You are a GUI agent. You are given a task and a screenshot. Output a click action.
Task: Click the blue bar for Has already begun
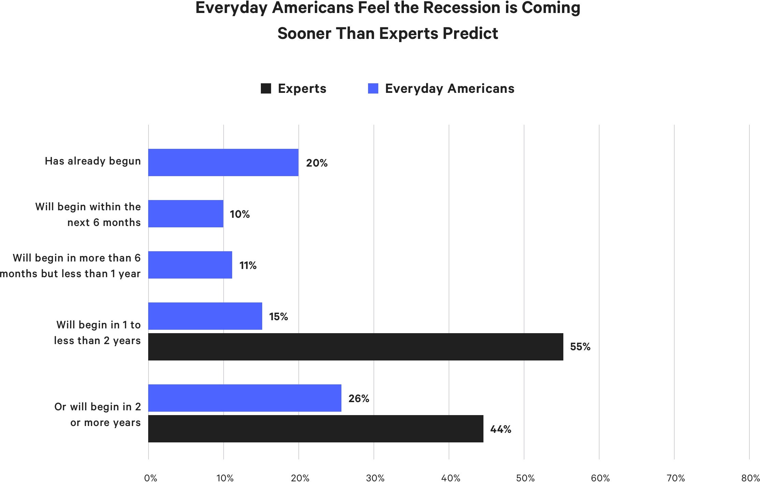point(223,162)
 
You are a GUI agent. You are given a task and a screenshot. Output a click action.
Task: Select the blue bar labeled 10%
point(186,214)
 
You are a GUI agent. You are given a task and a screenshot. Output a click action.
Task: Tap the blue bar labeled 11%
point(190,265)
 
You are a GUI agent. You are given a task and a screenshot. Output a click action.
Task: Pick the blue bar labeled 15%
point(205,316)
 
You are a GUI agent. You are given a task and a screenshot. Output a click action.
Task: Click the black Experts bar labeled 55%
point(355,347)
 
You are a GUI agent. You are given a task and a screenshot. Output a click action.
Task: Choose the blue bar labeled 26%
point(245,398)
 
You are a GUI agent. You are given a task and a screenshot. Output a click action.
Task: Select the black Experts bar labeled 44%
point(316,429)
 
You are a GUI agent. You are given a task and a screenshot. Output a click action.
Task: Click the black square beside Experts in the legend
point(266,88)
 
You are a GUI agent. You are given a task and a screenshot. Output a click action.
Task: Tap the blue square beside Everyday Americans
point(373,88)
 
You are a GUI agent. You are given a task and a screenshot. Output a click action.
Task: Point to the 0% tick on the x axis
point(151,478)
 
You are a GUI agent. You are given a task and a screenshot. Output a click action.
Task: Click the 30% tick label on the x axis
point(375,478)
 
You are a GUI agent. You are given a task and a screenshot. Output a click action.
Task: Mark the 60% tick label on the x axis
point(600,478)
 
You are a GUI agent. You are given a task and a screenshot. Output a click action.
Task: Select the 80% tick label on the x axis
point(750,478)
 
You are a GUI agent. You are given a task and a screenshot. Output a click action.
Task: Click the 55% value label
point(580,347)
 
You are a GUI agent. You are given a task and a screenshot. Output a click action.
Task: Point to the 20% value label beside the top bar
point(316,163)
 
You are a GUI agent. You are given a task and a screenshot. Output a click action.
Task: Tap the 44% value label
point(501,429)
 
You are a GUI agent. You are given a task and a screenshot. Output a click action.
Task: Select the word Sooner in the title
point(304,33)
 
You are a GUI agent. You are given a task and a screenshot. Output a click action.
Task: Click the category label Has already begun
point(93,161)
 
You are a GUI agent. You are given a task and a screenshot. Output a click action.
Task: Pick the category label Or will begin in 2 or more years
point(98,414)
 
